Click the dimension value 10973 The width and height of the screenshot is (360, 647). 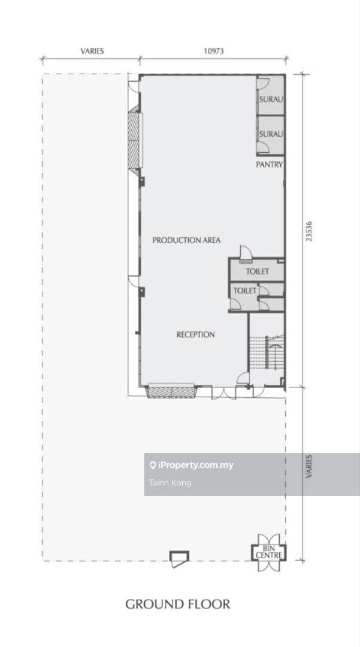click(214, 51)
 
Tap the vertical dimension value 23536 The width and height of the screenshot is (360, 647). click(309, 231)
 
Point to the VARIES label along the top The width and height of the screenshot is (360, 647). click(92, 51)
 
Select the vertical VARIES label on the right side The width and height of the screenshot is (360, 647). click(309, 466)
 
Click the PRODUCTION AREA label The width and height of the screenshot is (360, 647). click(186, 240)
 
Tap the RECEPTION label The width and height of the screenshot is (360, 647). click(195, 335)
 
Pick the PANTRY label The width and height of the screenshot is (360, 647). click(270, 164)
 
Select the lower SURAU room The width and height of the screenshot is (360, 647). click(271, 135)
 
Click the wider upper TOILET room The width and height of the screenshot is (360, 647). click(258, 271)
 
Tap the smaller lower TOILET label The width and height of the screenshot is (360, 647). click(245, 291)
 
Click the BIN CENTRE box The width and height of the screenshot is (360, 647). click(269, 552)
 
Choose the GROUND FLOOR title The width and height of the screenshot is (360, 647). click(178, 604)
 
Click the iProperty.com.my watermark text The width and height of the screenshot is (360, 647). click(195, 465)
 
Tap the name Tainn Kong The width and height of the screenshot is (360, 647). click(170, 483)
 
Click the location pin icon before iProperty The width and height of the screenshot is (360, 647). click(153, 465)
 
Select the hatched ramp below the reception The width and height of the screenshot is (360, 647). click(171, 391)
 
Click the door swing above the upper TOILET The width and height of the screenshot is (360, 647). click(245, 253)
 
